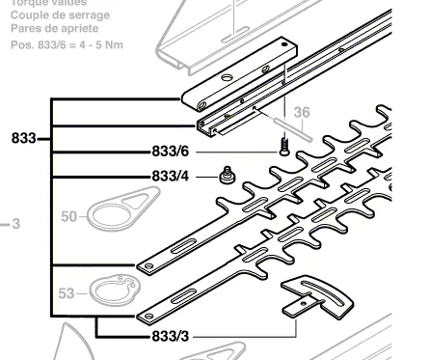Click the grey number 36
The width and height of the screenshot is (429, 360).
click(x=302, y=112)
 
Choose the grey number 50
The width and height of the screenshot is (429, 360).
click(x=67, y=217)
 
